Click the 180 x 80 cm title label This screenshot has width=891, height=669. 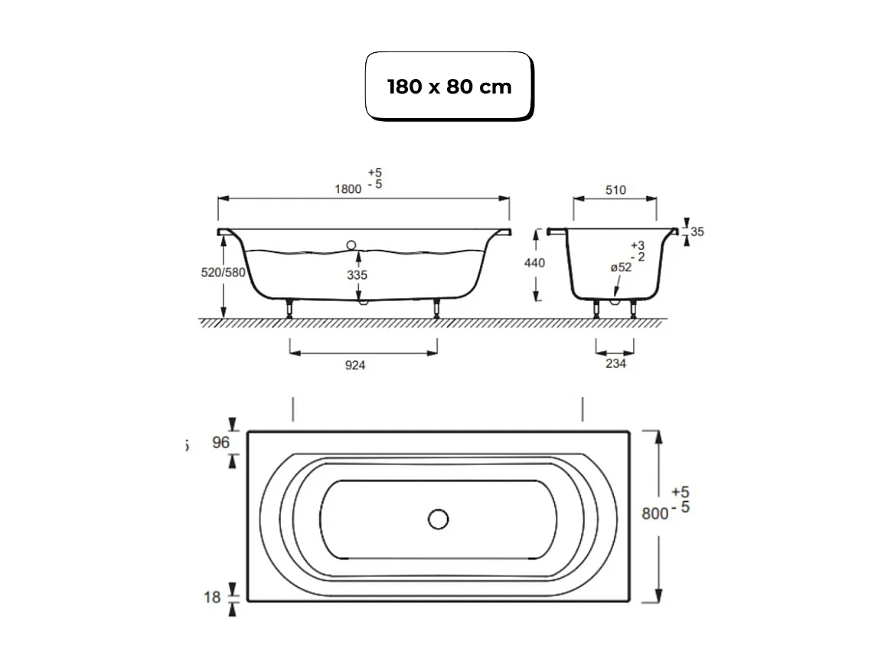click(449, 87)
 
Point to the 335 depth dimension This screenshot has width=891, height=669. click(356, 275)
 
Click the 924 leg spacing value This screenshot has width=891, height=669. click(355, 366)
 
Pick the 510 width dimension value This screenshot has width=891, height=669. click(615, 190)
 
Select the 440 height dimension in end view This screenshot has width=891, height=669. click(535, 263)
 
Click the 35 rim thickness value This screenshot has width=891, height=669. click(697, 231)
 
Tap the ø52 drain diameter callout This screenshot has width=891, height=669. click(621, 267)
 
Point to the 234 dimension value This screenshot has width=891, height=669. click(615, 364)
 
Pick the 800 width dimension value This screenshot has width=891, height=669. click(654, 513)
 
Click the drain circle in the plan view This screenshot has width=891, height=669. click(438, 520)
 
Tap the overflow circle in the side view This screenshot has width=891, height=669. click(351, 245)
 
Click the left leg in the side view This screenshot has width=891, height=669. click(290, 307)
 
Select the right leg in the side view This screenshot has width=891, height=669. click(436, 307)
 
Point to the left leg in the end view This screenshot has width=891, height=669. click(597, 308)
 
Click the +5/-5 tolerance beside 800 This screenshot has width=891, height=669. click(680, 499)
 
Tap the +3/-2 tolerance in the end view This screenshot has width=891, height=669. click(637, 251)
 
